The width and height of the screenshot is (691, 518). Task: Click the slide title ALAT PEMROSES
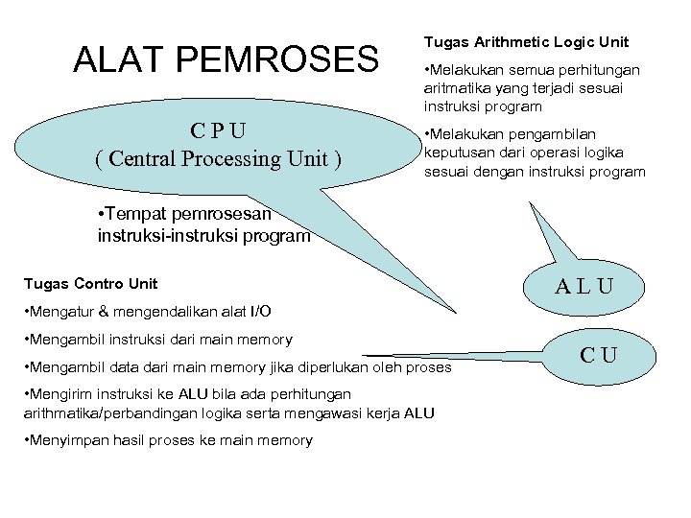click(226, 59)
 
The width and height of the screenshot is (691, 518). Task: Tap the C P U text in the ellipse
click(218, 130)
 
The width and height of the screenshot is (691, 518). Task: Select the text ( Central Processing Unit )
click(218, 157)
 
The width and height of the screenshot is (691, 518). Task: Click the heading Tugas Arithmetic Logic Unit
click(526, 42)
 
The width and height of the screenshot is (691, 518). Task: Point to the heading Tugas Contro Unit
click(90, 284)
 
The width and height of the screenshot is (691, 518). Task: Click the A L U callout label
click(584, 285)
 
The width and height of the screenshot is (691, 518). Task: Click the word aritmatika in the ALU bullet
click(456, 87)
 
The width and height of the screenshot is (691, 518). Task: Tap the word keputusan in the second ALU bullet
click(457, 153)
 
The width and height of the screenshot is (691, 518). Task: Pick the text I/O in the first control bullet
click(259, 312)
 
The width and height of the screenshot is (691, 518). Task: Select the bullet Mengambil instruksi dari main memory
click(159, 340)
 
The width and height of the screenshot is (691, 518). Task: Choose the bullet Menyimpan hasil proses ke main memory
click(169, 440)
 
